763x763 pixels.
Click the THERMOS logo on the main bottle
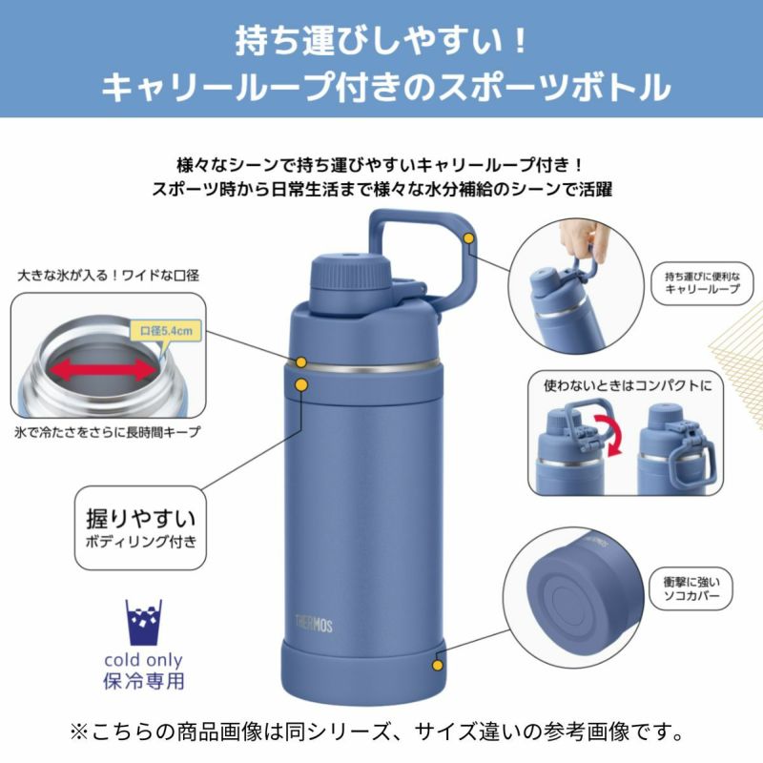314,625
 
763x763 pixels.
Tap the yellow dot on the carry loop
468,238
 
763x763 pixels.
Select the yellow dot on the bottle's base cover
438,665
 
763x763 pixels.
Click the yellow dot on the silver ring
301,362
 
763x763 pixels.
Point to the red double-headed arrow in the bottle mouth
104,370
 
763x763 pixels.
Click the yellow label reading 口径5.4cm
166,331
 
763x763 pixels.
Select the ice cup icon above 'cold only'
144,623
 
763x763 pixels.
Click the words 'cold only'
144,660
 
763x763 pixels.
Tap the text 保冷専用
144,681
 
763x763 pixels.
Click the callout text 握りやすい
140,519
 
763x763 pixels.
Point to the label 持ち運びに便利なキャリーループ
702,282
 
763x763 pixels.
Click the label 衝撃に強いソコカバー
691,588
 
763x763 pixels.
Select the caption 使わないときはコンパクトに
628,386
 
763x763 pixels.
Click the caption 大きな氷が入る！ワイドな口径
108,276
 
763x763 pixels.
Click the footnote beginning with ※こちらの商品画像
377,732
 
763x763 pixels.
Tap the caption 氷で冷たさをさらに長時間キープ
107,432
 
